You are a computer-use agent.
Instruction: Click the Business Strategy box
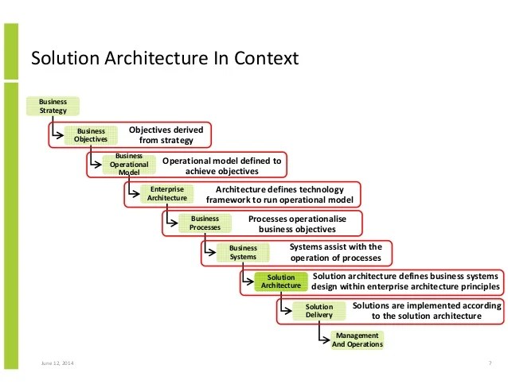pyautogui.click(x=53, y=106)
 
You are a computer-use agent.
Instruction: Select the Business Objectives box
pyautogui.click(x=91, y=135)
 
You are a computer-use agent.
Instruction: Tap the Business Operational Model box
pyautogui.click(x=128, y=164)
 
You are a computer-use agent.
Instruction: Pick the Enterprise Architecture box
pyautogui.click(x=166, y=194)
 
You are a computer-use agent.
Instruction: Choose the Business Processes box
pyautogui.click(x=205, y=223)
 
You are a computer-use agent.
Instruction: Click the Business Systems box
pyautogui.click(x=243, y=253)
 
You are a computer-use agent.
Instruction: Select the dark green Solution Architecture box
pyautogui.click(x=281, y=281)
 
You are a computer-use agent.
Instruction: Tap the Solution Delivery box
pyautogui.click(x=319, y=311)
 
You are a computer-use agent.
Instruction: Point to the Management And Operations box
pyautogui.click(x=357, y=340)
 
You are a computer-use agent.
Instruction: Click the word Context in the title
pyautogui.click(x=270, y=58)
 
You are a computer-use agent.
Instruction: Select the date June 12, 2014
pyautogui.click(x=59, y=363)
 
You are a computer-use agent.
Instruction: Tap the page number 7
pyautogui.click(x=487, y=363)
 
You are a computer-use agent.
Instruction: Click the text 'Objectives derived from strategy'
pyautogui.click(x=166, y=135)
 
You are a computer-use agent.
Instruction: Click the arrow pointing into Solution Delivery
pyautogui.click(x=287, y=312)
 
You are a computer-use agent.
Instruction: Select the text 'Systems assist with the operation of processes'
pyautogui.click(x=335, y=252)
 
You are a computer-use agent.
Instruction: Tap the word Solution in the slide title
pyautogui.click(x=59, y=58)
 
